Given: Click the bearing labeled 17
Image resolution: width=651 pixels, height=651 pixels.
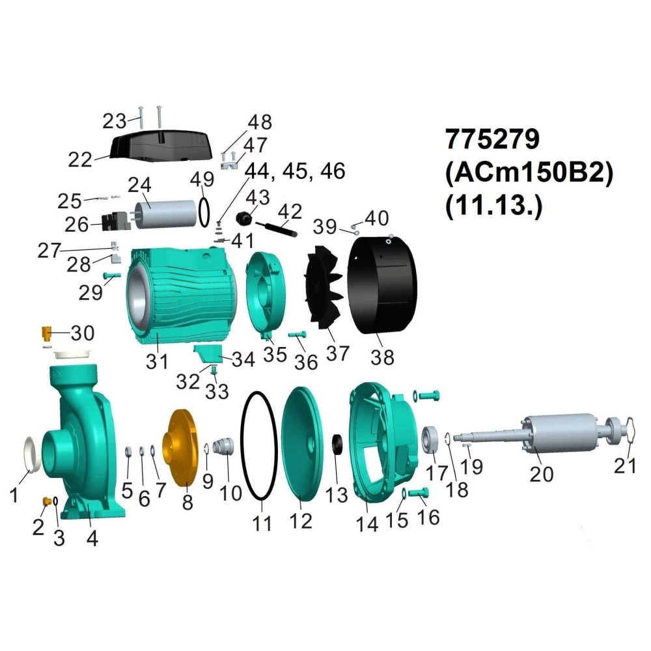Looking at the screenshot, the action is tap(430, 440).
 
